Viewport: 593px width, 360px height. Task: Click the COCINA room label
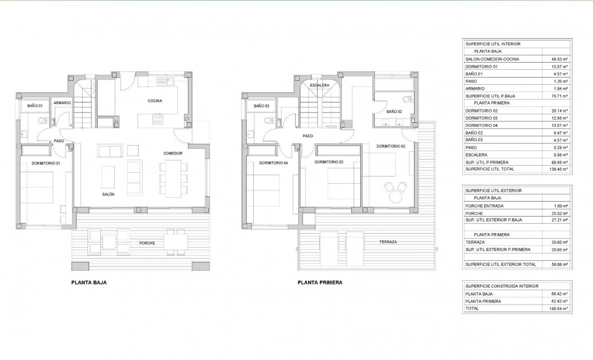[x=155, y=100]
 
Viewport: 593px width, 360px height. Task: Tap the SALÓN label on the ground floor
[x=108, y=194]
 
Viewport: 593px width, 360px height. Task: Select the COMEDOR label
[x=173, y=153]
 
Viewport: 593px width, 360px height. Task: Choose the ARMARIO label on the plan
[x=62, y=103]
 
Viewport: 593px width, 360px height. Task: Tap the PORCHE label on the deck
[x=147, y=243]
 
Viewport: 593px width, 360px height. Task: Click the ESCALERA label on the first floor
[x=320, y=85]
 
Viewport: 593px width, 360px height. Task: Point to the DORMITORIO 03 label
[x=329, y=162]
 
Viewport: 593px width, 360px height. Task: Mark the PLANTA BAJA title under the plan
[x=89, y=282]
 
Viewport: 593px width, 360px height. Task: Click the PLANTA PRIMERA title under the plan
[x=320, y=282]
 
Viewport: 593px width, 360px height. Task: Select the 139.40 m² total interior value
[x=556, y=169]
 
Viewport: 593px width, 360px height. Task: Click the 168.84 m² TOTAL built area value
[x=556, y=308]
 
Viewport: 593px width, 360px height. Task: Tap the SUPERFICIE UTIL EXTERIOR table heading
[x=494, y=191]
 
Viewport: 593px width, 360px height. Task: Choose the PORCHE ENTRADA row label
[x=485, y=205]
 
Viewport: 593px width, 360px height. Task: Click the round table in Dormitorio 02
[x=396, y=197]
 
